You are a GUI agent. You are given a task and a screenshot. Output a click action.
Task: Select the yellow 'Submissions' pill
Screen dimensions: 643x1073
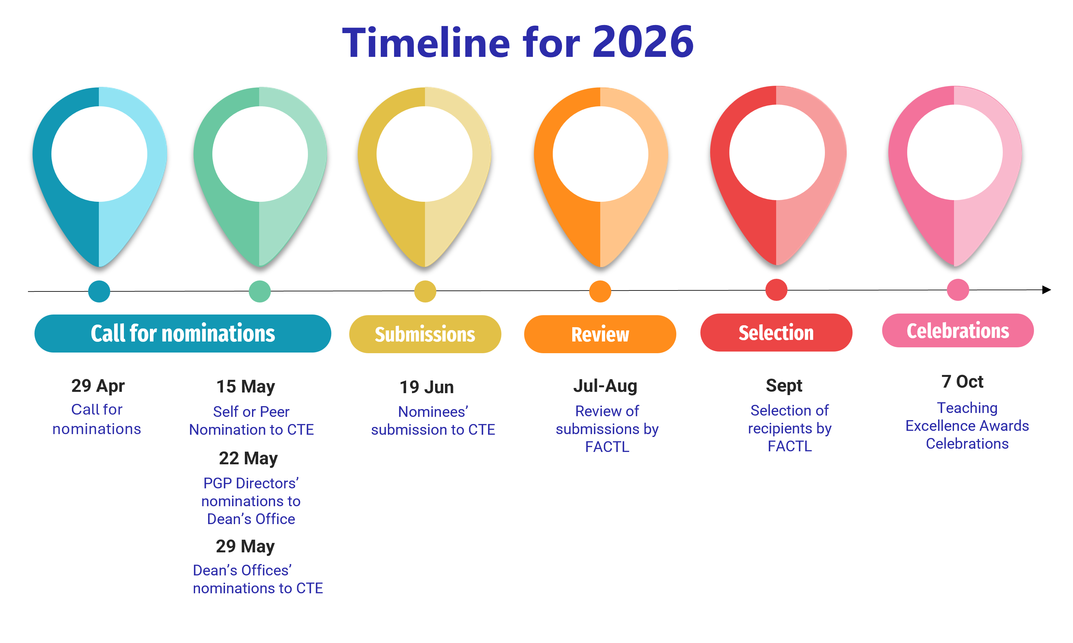pos(425,334)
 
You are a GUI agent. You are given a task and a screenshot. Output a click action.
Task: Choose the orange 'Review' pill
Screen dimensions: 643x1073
pos(600,334)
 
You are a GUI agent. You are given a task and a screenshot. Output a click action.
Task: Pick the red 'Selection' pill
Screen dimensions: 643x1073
pos(776,332)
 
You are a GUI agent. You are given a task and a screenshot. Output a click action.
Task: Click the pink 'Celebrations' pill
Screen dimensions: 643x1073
pos(958,331)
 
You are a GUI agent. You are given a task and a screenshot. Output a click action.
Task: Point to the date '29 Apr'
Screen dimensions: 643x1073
pos(98,386)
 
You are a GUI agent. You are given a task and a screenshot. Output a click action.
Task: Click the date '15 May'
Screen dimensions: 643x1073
pos(245,387)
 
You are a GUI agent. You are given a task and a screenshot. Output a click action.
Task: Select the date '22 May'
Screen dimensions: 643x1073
pos(248,458)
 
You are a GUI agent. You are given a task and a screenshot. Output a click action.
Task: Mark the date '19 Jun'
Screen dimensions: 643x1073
pos(427,387)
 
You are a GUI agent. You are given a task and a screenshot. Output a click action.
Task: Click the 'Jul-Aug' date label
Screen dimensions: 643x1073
pos(605,386)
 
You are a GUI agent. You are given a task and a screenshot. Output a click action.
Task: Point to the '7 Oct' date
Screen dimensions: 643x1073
pos(962,382)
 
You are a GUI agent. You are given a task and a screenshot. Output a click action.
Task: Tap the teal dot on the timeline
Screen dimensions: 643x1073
pos(99,291)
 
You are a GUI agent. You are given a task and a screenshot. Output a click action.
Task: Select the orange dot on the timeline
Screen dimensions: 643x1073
pos(600,291)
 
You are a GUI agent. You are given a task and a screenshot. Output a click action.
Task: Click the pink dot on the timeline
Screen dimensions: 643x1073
pos(958,290)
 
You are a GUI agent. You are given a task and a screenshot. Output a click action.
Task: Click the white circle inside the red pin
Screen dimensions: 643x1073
pos(776,152)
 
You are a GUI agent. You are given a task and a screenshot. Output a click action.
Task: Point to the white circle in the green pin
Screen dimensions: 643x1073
pos(260,154)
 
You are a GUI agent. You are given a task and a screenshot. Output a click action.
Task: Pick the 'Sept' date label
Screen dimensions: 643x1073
pos(784,385)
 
